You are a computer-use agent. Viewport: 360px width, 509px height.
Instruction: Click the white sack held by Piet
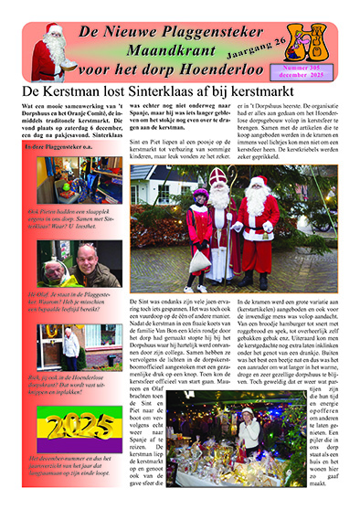tap(202, 259)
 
